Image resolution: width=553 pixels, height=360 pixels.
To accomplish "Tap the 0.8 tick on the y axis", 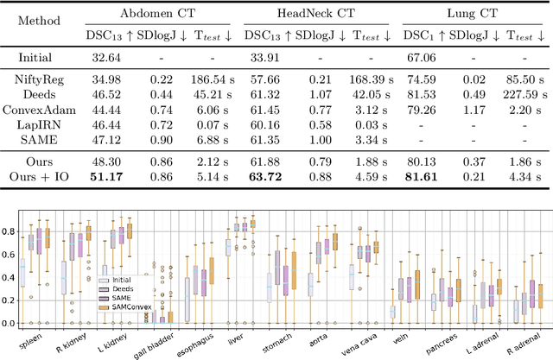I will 11,232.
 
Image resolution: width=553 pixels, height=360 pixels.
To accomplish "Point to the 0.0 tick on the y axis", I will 11,323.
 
